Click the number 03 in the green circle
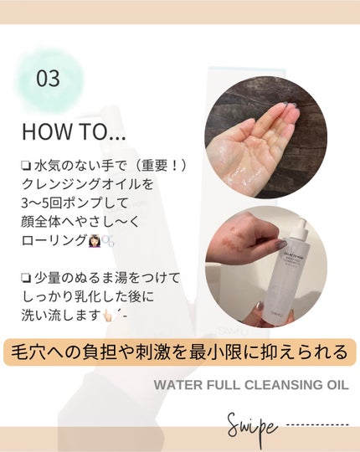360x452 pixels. [48, 79]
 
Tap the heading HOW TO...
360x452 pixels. [74, 131]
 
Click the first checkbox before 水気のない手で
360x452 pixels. [26, 166]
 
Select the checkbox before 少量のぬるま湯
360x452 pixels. [26, 278]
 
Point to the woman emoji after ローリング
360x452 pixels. [95, 242]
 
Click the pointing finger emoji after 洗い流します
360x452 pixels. [109, 316]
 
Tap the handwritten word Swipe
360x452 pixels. [253, 427]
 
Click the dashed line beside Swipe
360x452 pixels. [318, 424]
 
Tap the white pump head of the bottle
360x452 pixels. [301, 226]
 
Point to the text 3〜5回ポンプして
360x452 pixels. [75, 203]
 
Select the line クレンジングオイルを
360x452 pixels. [88, 185]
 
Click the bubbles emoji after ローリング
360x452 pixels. [108, 242]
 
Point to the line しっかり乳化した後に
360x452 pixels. [88, 297]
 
